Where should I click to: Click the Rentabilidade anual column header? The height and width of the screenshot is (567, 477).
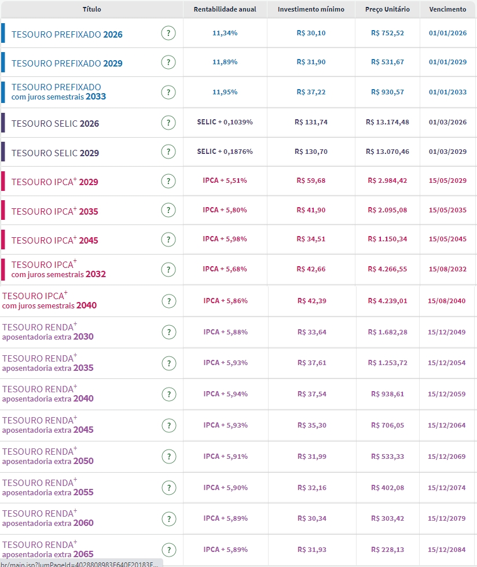[x=225, y=9]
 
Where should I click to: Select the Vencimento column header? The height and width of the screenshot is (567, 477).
[x=447, y=9]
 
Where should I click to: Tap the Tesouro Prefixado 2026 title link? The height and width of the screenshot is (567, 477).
[x=67, y=34]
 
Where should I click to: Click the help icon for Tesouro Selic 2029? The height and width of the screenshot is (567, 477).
[x=168, y=152]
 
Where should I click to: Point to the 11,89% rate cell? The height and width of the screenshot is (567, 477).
[x=225, y=62]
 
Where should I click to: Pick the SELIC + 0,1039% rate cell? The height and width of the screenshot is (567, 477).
[x=225, y=122]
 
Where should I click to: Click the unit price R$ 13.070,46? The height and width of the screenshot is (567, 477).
[x=387, y=152]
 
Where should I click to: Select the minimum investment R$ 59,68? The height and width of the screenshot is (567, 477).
[x=311, y=181]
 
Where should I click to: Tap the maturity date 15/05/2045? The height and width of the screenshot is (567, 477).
[x=447, y=239]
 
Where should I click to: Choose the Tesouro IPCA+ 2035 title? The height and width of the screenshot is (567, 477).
[x=55, y=211]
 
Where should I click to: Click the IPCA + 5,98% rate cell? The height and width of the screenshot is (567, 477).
[x=225, y=239]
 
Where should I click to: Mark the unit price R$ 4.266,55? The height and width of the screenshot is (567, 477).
[x=387, y=269]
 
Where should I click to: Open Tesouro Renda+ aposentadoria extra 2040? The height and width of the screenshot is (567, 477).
[x=47, y=393]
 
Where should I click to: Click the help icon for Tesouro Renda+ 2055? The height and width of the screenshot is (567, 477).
[x=168, y=488]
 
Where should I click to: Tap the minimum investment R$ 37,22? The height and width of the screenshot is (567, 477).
[x=311, y=92]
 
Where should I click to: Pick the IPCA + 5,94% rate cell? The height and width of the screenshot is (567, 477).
[x=225, y=394]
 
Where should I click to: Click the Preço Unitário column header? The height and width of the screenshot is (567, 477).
[x=387, y=9]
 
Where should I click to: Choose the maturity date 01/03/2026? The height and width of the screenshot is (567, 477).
[x=447, y=122]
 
